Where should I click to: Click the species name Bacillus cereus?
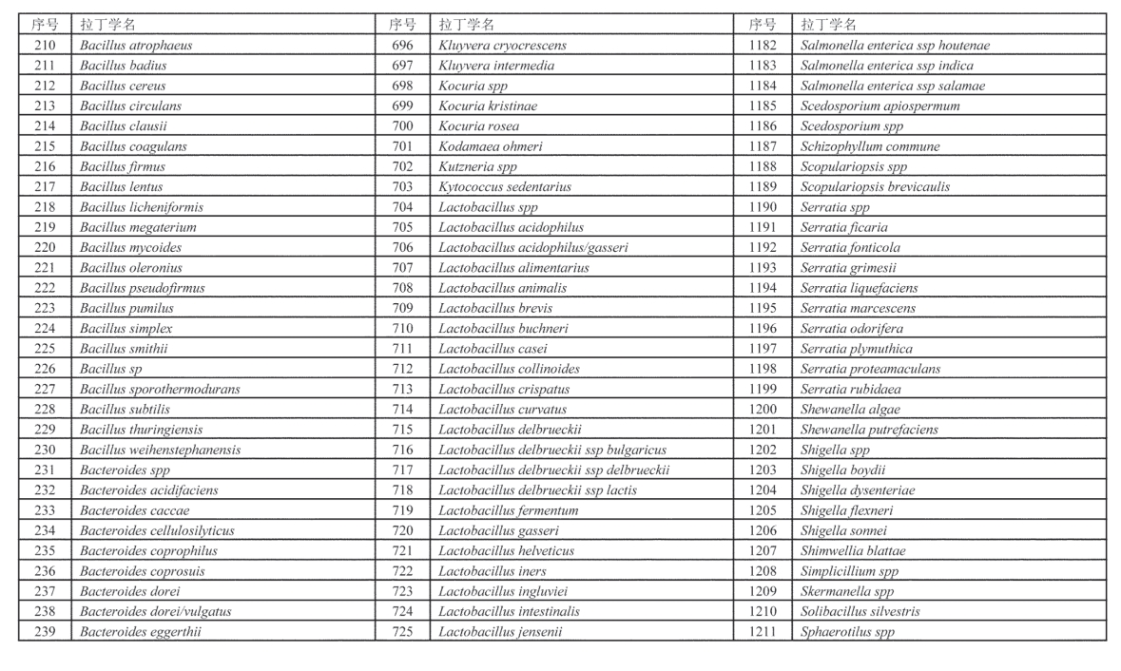pyautogui.click(x=123, y=86)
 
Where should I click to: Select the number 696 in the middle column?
pyautogui.click(x=402, y=46)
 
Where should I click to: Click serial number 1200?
pyautogui.click(x=762, y=409)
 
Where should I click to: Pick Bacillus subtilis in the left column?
pyautogui.click(x=125, y=409)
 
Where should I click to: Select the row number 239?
pyautogui.click(x=45, y=631)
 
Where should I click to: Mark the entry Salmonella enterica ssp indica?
pyautogui.click(x=886, y=66)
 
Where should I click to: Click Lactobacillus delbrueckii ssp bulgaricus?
pyautogui.click(x=552, y=450)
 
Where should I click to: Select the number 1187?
pyautogui.click(x=762, y=146)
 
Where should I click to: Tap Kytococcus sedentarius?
pyautogui.click(x=505, y=187)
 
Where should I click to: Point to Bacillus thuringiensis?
pyautogui.click(x=141, y=430)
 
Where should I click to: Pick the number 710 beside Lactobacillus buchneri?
pyautogui.click(x=402, y=329)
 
